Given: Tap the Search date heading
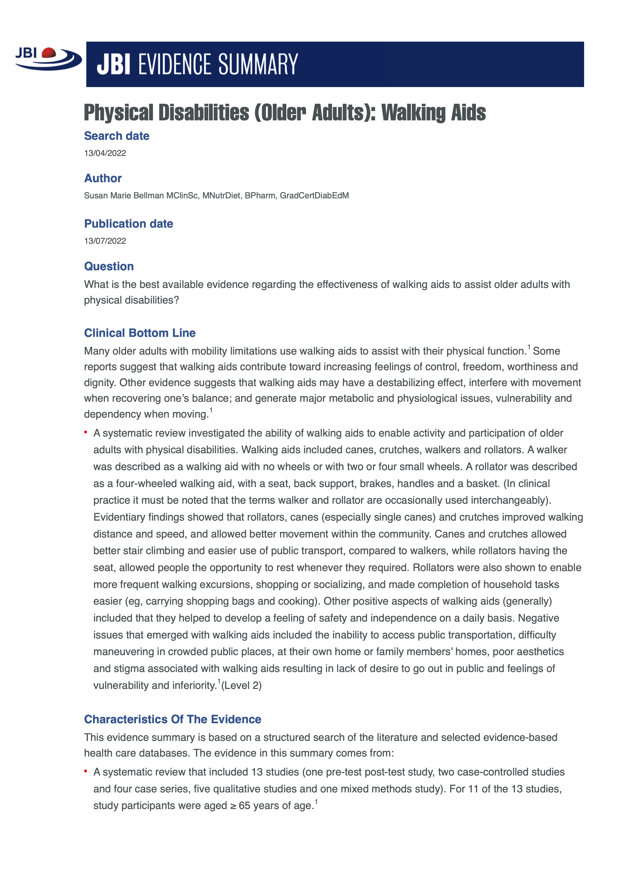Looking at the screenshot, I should [x=116, y=136].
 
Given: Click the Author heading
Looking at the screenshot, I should [x=103, y=178].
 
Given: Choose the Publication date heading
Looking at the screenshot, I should [x=128, y=224].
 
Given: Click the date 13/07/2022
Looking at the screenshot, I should [x=105, y=241].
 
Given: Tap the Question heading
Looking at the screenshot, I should [x=109, y=266].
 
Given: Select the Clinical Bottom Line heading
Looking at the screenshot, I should [x=140, y=333].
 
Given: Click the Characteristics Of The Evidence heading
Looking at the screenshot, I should [x=172, y=719].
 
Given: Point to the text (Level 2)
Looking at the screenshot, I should [x=241, y=685].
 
